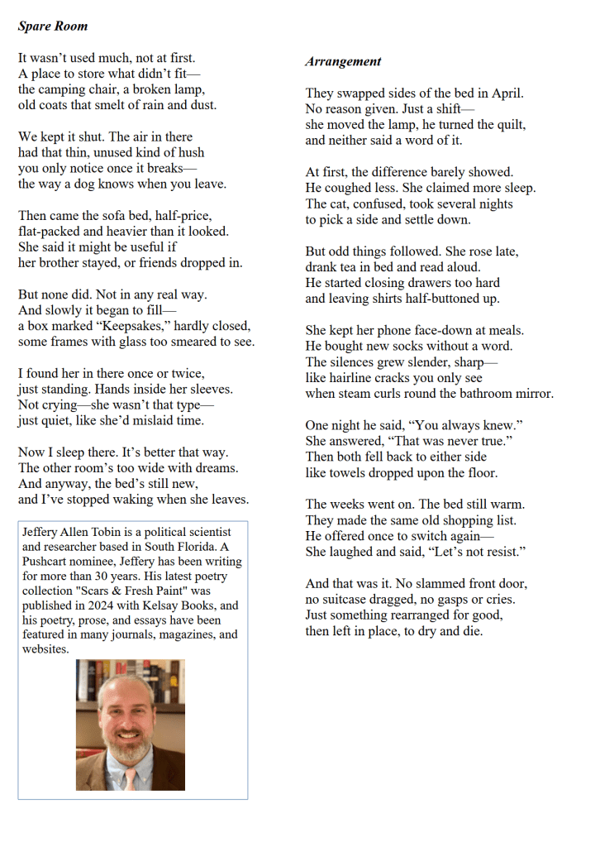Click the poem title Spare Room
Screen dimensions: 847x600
52,26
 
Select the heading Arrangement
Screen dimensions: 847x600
343,61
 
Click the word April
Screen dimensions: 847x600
507,93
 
